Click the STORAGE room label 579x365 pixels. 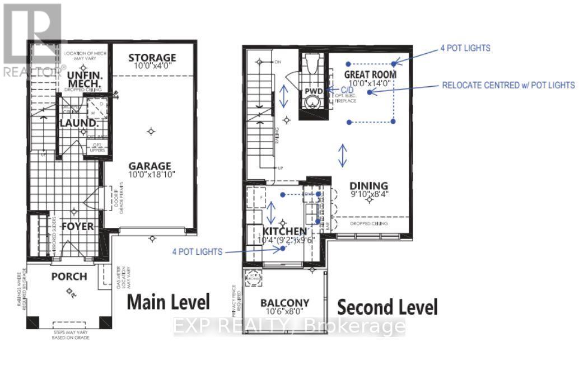tap(152, 58)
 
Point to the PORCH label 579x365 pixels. tap(69, 277)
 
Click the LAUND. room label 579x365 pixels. tap(76, 123)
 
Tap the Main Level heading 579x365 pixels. tap(169, 302)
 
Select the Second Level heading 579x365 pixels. tap(387, 307)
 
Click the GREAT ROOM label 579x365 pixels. tap(370, 74)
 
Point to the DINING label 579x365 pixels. tap(369, 186)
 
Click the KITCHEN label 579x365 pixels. tap(284, 231)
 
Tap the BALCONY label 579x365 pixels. tap(284, 303)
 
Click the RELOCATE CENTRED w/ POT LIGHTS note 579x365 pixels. tap(508, 85)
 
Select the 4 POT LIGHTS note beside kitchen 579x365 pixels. tap(197, 252)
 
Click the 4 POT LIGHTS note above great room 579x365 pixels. tap(465, 48)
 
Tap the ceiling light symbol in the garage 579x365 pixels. tap(151, 131)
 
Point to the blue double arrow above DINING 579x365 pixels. tap(343, 155)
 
